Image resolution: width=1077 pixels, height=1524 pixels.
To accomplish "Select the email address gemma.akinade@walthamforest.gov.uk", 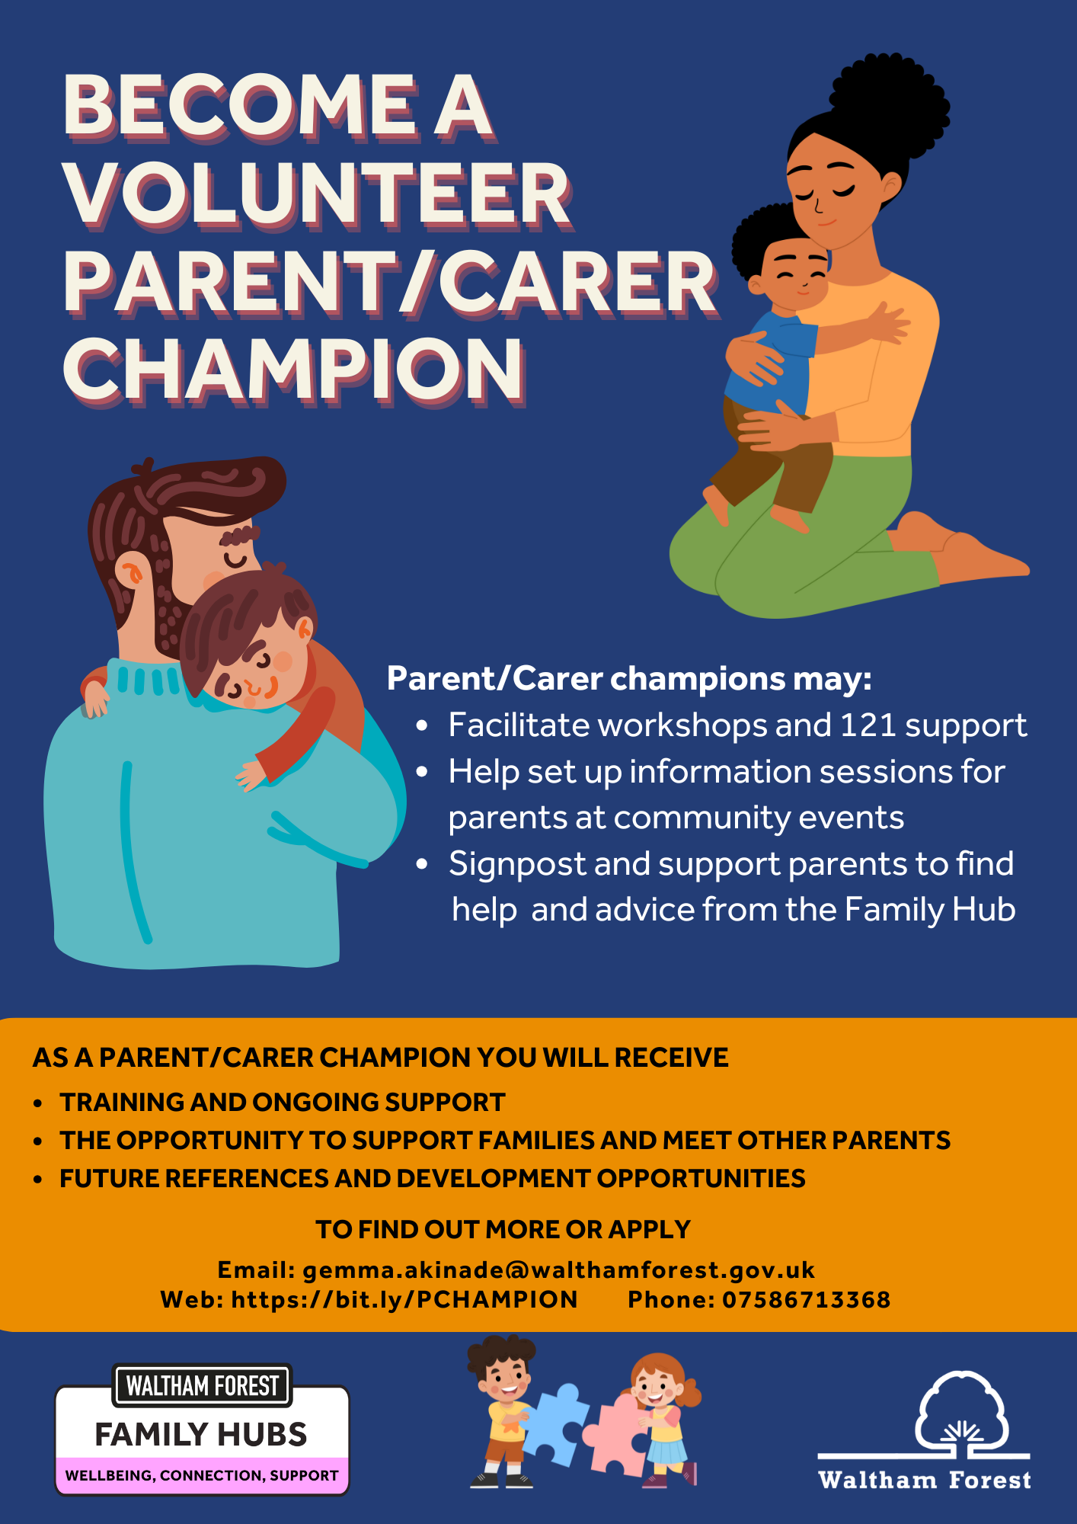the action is point(559,1269).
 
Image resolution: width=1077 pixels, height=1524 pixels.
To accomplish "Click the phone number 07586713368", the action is point(807,1299).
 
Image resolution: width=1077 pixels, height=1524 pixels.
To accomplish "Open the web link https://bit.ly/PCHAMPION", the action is point(404,1299).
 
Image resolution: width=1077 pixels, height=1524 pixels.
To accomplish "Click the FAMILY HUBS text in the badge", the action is point(201,1435).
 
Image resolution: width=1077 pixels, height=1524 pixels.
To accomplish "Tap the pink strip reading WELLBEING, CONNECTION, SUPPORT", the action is point(202,1475).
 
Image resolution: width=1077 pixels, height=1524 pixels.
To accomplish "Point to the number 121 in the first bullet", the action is point(868,725).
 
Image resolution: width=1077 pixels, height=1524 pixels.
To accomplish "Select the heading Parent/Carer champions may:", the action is point(629,678).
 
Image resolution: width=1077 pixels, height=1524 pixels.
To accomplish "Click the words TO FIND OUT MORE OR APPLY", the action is point(503,1229).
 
